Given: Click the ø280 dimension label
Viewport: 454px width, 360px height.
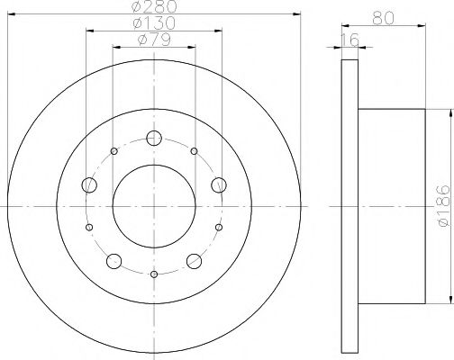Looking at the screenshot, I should click(x=154, y=8).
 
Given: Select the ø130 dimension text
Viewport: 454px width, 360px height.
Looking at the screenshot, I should click(x=154, y=23).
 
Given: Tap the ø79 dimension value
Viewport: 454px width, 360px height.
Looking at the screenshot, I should click(x=154, y=39).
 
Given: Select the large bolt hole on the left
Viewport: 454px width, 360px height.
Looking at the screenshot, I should click(x=88, y=185).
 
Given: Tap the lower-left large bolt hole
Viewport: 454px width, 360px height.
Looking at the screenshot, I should click(x=113, y=262).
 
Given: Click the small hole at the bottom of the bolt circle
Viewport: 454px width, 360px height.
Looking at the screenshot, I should click(x=154, y=274).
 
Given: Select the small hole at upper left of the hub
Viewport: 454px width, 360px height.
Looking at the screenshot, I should click(x=113, y=150).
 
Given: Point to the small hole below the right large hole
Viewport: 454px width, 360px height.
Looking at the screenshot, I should click(x=219, y=229).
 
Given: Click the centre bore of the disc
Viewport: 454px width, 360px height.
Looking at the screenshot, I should click(x=154, y=206).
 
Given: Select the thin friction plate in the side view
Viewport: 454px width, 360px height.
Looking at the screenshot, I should click(x=350, y=205).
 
